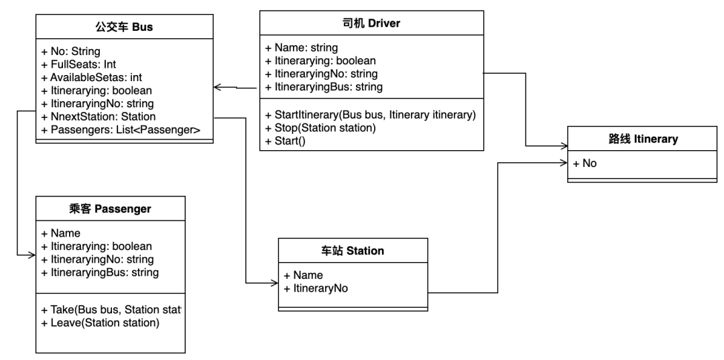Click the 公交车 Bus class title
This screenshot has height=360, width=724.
(x=124, y=27)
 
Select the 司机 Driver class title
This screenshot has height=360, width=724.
(x=371, y=23)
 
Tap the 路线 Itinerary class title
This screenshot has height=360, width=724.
(x=643, y=139)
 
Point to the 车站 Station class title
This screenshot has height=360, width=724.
(x=353, y=251)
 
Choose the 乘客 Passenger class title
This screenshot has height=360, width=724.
(x=110, y=209)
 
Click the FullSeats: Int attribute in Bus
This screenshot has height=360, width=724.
(x=78, y=64)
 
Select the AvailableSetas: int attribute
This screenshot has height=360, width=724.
(x=91, y=77)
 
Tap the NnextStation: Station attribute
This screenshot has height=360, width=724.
(x=99, y=116)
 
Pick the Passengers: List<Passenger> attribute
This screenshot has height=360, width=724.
(x=121, y=129)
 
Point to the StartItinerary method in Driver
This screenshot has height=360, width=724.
(x=370, y=115)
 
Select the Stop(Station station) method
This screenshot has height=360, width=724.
(x=320, y=128)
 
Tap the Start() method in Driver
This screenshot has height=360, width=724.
(x=286, y=141)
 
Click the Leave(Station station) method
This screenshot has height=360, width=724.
(x=100, y=322)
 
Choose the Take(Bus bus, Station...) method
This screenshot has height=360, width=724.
(x=111, y=309)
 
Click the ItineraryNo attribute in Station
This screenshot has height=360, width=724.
(x=316, y=288)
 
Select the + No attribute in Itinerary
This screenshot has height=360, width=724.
(x=585, y=163)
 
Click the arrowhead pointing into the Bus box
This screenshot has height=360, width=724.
(x=218, y=86)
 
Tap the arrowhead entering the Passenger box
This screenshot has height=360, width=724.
(x=32, y=255)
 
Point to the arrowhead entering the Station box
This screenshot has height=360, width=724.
(x=274, y=283)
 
